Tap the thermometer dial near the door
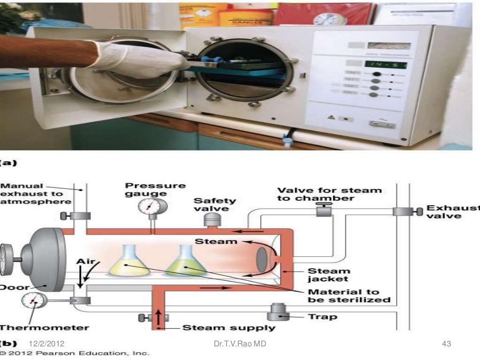(x=31, y=300)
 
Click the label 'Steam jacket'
(x=329, y=275)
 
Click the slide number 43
(x=446, y=345)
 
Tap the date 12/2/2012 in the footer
(x=46, y=345)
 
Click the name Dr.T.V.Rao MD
(x=240, y=345)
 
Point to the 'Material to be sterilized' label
(x=348, y=295)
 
